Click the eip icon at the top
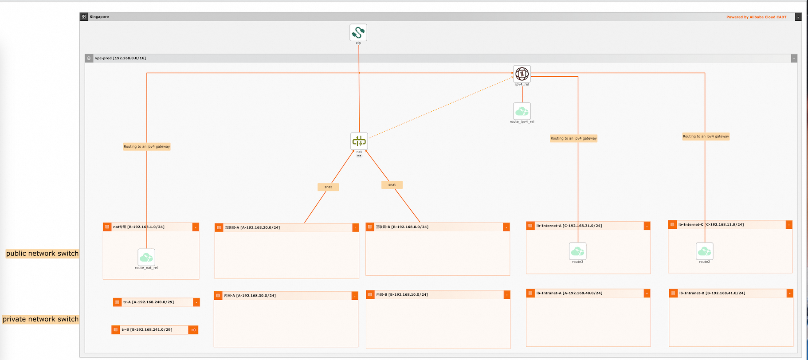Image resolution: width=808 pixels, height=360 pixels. coord(358,32)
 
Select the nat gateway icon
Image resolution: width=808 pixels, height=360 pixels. coord(359,141)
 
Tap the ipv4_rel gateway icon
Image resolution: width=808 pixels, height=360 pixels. coord(522,74)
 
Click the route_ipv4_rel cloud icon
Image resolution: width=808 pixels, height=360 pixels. coord(522,111)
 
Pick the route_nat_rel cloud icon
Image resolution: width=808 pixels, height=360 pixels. coord(146,257)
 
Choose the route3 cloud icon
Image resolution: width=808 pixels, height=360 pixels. coord(577,251)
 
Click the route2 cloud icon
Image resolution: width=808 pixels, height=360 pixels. coord(704,251)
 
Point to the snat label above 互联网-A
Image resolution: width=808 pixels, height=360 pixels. coord(328,187)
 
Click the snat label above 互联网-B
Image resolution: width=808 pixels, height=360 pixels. coord(392,185)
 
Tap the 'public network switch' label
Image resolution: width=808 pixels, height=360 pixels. coord(42,254)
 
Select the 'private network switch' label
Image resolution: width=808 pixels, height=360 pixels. coord(40,319)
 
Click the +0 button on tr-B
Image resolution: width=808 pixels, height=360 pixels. coord(193,330)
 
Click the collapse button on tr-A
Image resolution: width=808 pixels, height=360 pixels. coord(196,302)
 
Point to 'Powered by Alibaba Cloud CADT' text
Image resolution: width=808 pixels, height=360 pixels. coord(756,17)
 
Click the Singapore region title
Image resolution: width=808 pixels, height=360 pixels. coord(99,17)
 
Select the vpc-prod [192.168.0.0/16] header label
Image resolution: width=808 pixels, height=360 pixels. coord(120,58)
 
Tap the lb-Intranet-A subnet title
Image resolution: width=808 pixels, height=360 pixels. coord(569,293)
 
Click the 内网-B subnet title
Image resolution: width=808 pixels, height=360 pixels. coord(402,295)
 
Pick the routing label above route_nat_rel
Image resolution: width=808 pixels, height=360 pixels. coord(147,147)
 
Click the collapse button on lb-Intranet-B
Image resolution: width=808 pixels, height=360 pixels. coord(789,293)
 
